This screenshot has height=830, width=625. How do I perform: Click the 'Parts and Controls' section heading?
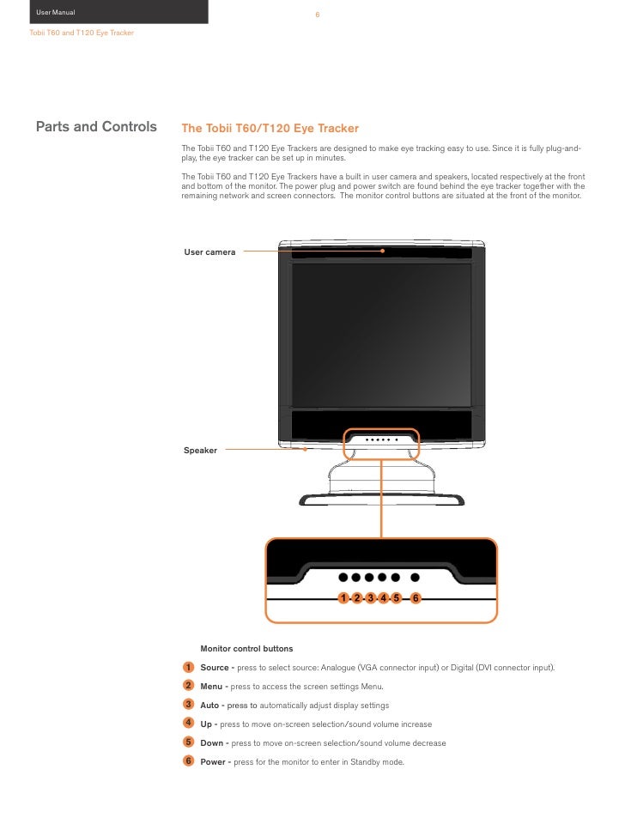pyautogui.click(x=96, y=128)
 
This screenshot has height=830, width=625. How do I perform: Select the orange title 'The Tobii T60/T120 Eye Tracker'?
pyautogui.click(x=270, y=129)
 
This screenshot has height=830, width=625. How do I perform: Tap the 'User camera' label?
pyautogui.click(x=209, y=252)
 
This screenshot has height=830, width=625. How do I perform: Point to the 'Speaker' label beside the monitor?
pyautogui.click(x=200, y=451)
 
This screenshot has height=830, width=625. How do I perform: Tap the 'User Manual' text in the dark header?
pyautogui.click(x=56, y=12)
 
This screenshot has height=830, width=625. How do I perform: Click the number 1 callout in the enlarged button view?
pyautogui.click(x=343, y=597)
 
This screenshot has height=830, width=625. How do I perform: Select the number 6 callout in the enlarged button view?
pyautogui.click(x=416, y=597)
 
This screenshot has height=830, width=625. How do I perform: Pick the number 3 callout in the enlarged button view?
pyautogui.click(x=370, y=597)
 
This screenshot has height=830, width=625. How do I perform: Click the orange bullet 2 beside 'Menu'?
pyautogui.click(x=188, y=685)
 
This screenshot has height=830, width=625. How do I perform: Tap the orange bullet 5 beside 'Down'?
pyautogui.click(x=188, y=742)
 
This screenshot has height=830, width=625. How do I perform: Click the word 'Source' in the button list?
pyautogui.click(x=215, y=668)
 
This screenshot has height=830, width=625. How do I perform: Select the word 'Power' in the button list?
pyautogui.click(x=214, y=762)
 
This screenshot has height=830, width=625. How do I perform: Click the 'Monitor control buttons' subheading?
pyautogui.click(x=246, y=648)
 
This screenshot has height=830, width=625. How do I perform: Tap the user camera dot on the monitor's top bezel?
pyautogui.click(x=384, y=251)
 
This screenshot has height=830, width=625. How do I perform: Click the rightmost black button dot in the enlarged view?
pyautogui.click(x=416, y=578)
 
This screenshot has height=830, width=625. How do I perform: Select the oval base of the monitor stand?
pyautogui.click(x=382, y=498)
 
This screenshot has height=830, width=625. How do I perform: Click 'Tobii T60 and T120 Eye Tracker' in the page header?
pyautogui.click(x=82, y=33)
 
